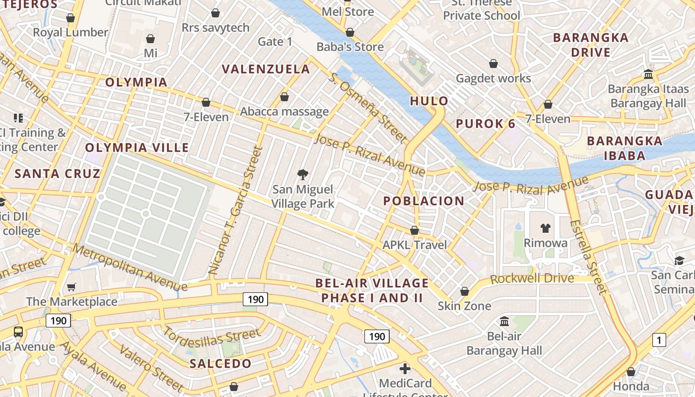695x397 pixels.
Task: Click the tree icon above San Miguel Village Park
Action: click(302, 174)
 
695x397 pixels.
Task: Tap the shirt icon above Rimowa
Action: click(546, 228)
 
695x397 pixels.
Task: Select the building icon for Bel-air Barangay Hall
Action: click(504, 321)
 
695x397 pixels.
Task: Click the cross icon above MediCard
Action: click(405, 369)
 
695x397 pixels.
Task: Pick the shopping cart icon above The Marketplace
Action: click(71, 287)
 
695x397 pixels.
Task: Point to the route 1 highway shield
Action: click(659, 340)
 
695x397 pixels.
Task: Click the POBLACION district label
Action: click(423, 201)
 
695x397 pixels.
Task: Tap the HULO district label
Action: click(429, 101)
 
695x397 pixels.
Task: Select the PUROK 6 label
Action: click(486, 124)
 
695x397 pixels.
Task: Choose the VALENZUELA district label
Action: click(266, 69)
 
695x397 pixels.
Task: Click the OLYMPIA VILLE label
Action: click(137, 147)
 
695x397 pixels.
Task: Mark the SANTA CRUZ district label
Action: click(58, 174)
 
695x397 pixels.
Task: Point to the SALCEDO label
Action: click(220, 364)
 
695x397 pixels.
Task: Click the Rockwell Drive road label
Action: click(532, 278)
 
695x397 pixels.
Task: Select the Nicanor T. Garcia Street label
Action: click(235, 210)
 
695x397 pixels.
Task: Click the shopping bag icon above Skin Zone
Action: click(464, 291)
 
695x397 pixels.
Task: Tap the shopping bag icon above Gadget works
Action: click(493, 64)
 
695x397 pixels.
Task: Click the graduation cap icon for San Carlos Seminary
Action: click(679, 261)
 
